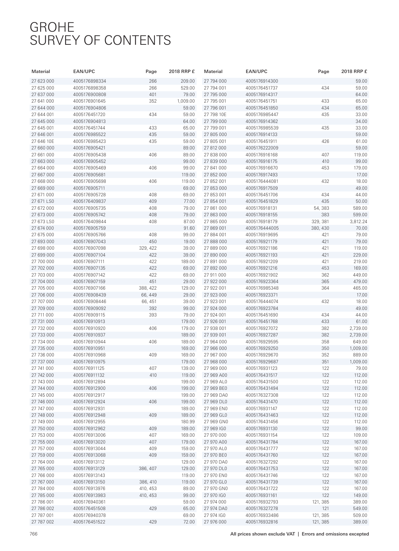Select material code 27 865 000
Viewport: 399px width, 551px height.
tap(215, 221)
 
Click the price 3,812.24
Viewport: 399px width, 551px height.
tap(358, 221)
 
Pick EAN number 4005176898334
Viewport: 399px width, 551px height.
tap(90, 81)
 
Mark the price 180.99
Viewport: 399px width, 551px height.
tap(188, 422)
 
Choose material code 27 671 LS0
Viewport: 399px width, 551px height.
tap(43, 201)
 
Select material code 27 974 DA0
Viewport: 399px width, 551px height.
tap(216, 509)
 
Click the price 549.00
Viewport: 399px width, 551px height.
tap(360, 509)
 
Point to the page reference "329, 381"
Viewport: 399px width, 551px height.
tap(320, 221)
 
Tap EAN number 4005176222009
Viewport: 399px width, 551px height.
tap(262, 148)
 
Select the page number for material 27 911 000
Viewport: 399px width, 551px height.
tap(325, 275)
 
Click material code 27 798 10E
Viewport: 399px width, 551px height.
tap(215, 115)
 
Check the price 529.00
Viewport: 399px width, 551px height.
tap(188, 88)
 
